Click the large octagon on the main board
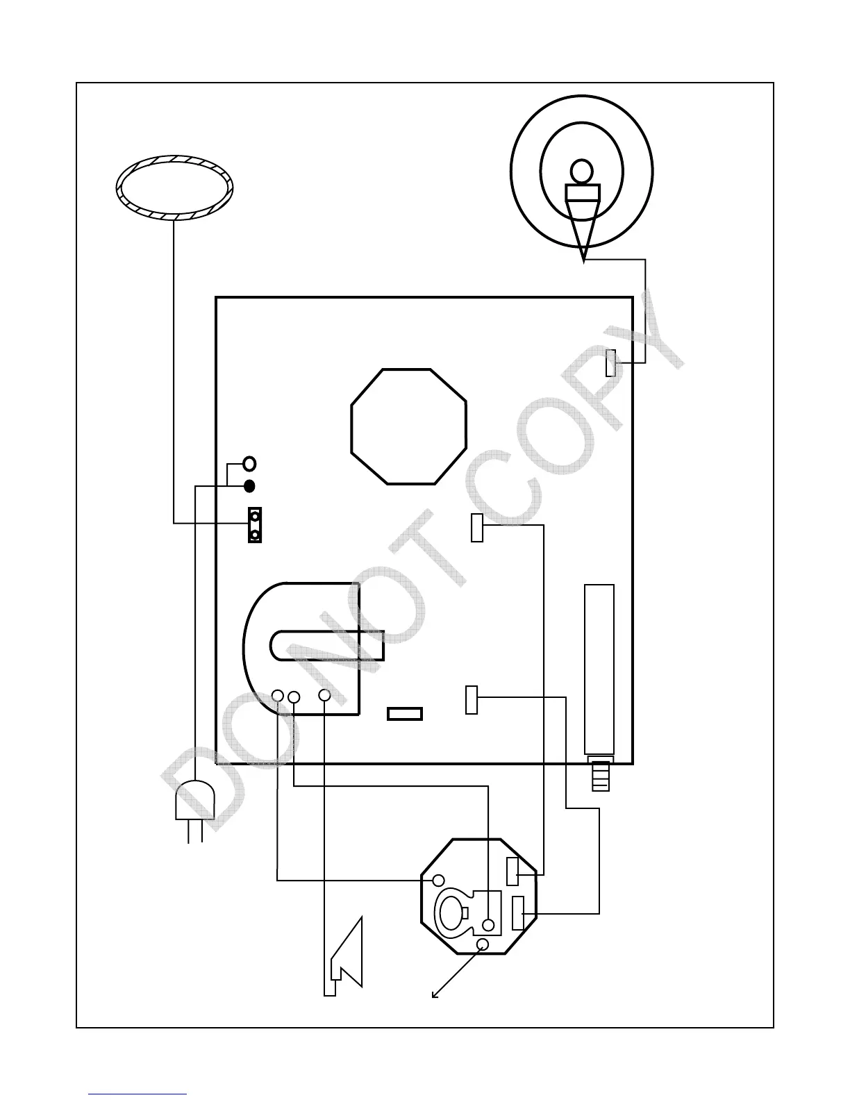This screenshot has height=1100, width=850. [408, 426]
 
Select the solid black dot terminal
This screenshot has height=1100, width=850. [250, 485]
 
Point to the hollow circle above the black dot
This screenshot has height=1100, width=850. [250, 463]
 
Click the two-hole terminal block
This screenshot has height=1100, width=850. [256, 525]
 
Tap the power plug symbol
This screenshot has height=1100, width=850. [194, 802]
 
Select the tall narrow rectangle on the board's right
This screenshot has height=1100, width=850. [599, 669]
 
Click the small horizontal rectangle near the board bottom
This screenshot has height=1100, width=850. [405, 714]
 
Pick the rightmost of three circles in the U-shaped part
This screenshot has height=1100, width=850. [324, 695]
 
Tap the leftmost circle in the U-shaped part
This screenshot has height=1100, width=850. [277, 695]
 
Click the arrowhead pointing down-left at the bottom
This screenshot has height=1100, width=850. [435, 995]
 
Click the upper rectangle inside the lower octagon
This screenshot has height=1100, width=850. [512, 872]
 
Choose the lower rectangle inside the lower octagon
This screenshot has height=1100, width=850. [518, 913]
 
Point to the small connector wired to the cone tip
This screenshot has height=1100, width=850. [610, 363]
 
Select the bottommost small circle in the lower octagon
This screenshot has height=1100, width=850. [483, 944]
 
